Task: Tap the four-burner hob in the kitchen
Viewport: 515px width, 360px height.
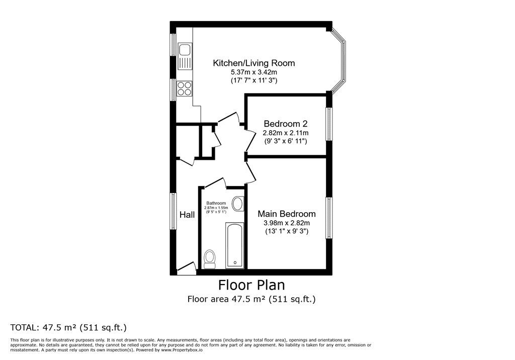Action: coord(184,88)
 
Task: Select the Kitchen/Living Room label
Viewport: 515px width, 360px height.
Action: coord(254,63)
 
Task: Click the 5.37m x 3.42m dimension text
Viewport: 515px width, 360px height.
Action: coord(254,72)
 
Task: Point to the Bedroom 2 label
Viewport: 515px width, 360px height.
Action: coord(286,124)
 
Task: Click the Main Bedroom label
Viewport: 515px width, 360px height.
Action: coord(287,214)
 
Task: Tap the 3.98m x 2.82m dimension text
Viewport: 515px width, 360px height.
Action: coord(287,223)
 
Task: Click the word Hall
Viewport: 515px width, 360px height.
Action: coord(187,215)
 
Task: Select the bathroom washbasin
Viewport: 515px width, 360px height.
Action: coord(238,204)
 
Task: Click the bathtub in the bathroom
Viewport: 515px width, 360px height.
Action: coord(235,245)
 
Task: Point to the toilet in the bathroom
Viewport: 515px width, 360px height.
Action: coord(209,259)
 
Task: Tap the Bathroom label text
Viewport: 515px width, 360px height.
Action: coord(216,203)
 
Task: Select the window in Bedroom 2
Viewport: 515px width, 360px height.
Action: coord(329,124)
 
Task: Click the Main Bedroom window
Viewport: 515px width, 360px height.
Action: coord(329,218)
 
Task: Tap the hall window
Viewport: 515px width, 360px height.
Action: coord(173,211)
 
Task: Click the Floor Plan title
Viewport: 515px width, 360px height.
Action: coord(251,285)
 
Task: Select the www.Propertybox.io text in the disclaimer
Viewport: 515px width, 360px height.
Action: coord(182,350)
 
